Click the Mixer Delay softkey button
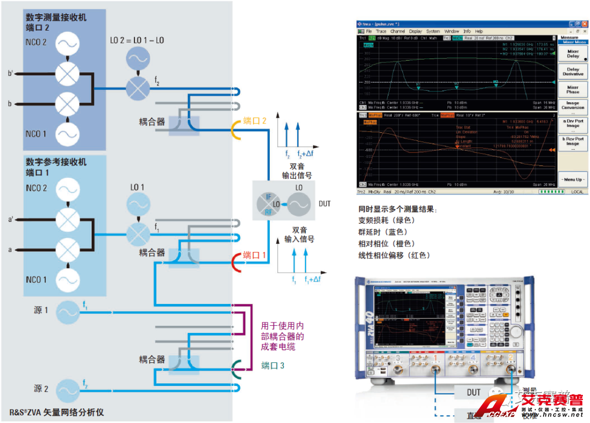click(x=573, y=54)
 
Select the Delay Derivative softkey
click(x=573, y=72)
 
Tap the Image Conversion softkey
click(x=573, y=105)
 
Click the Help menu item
click(x=479, y=32)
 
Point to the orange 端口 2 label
click(x=255, y=120)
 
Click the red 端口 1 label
click(x=255, y=255)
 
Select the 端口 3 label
click(x=273, y=366)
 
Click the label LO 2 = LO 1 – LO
click(x=137, y=40)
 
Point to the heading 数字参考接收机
click(x=56, y=162)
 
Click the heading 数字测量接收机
click(x=56, y=17)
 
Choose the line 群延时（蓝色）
click(x=386, y=232)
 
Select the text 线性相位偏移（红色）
click(x=394, y=255)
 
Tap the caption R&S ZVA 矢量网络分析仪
click(x=57, y=413)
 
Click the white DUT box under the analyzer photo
click(x=474, y=392)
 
